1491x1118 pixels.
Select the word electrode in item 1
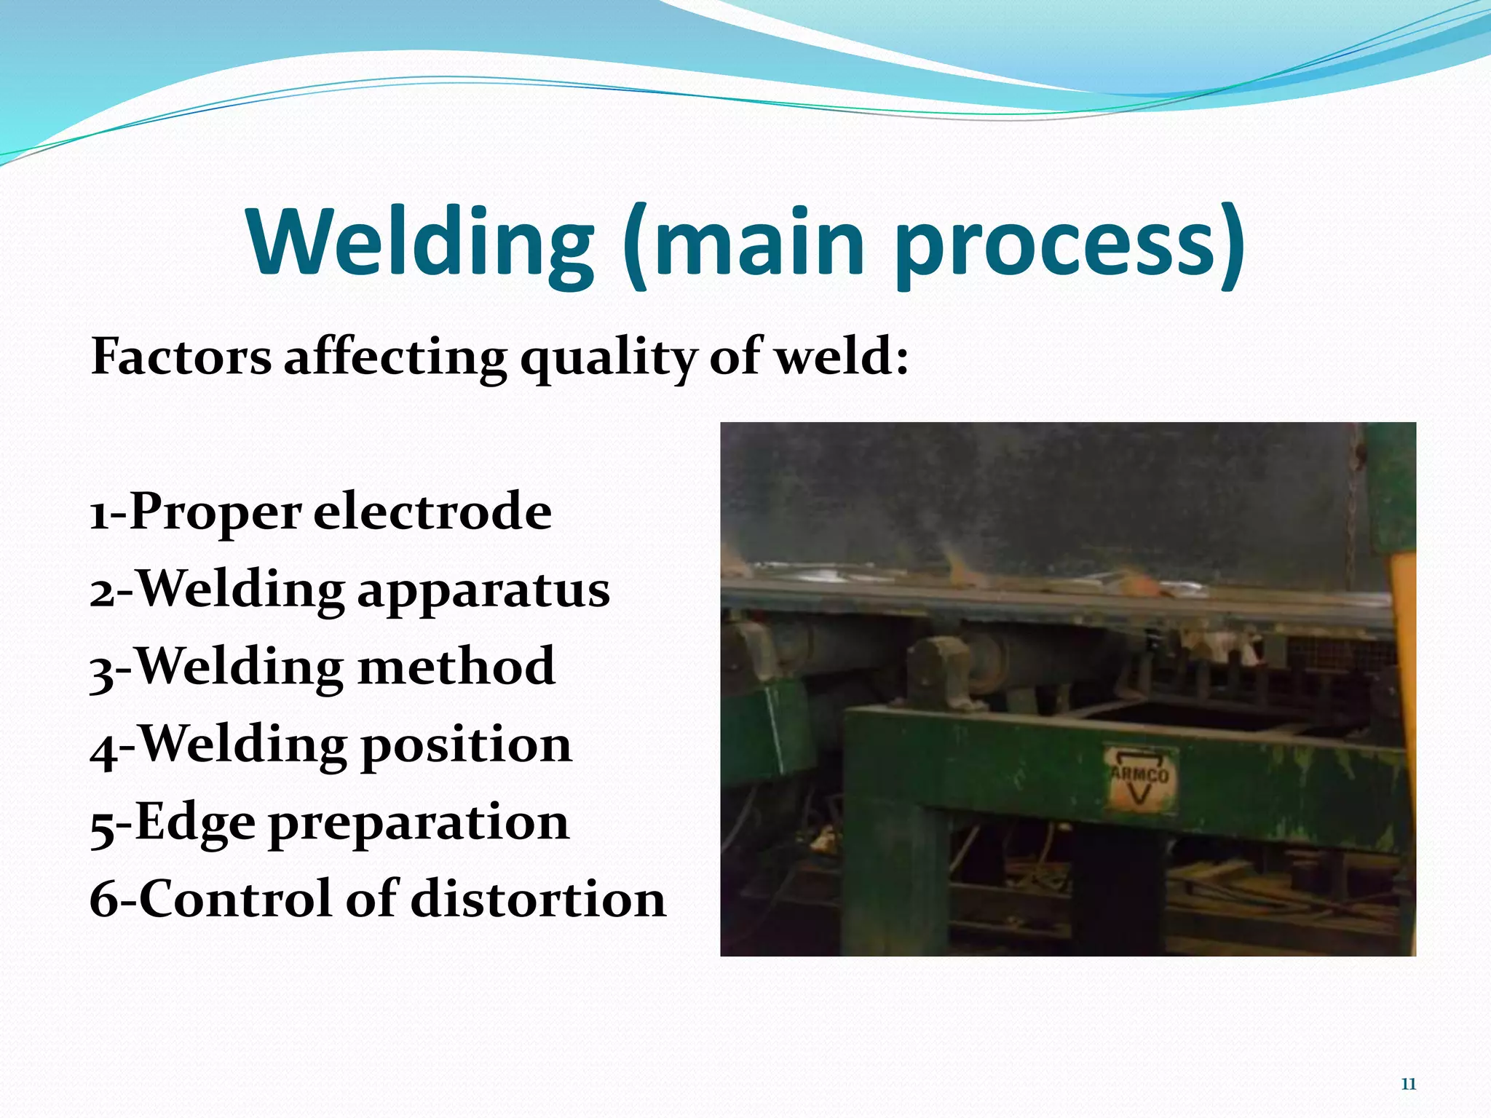coord(432,512)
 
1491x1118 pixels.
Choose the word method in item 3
coord(457,667)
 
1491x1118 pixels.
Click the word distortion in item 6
coord(539,899)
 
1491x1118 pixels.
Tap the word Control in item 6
coord(237,899)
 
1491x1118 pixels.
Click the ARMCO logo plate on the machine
coord(1139,777)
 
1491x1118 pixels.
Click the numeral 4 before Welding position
coord(103,750)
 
